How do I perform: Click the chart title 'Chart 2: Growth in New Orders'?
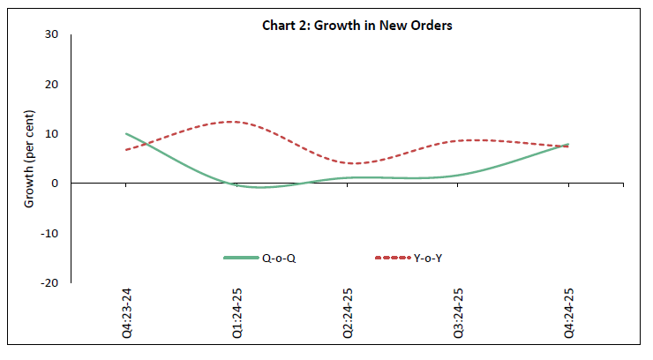(x=357, y=26)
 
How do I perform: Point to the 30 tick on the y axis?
(x=52, y=34)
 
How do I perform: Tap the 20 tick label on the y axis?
(x=52, y=85)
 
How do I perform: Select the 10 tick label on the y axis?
(x=52, y=134)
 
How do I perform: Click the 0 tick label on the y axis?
(x=55, y=184)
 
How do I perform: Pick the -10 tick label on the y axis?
(x=50, y=234)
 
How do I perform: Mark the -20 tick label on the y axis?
(x=50, y=283)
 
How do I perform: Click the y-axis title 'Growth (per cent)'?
(x=29, y=159)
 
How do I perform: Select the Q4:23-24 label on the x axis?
(x=128, y=315)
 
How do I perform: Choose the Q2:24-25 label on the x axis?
(x=349, y=315)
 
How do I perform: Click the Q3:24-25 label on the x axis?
(x=459, y=315)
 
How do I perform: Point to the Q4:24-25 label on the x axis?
(x=569, y=315)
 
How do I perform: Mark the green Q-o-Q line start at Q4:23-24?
(x=127, y=134)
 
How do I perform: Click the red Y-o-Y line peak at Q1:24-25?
(x=231, y=122)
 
